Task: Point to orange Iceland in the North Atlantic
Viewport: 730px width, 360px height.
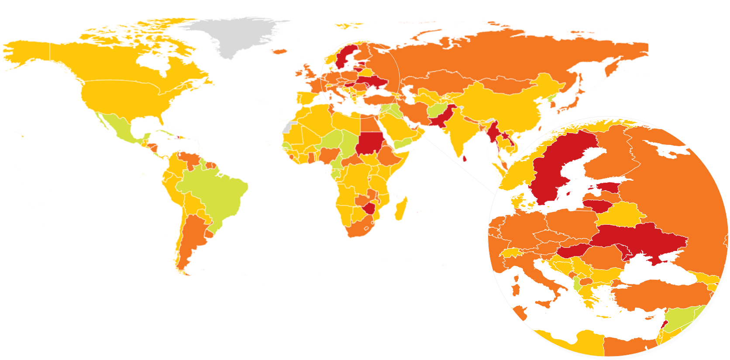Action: [x=280, y=51]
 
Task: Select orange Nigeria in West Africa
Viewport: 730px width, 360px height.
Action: [x=329, y=154]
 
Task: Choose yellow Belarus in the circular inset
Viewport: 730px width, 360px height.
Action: [x=620, y=214]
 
